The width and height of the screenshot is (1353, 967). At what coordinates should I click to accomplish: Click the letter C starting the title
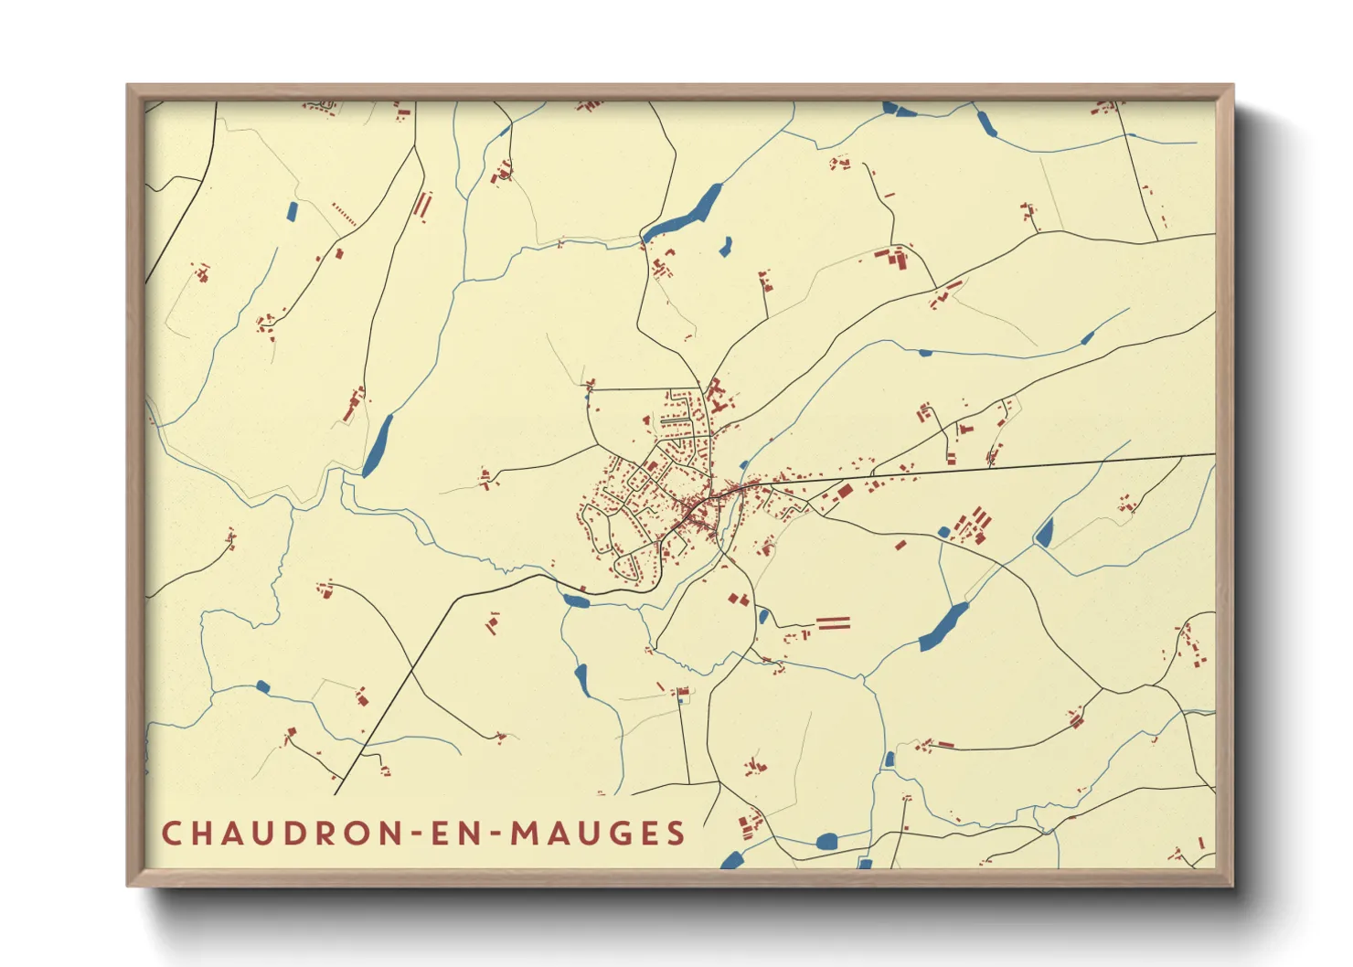click(171, 834)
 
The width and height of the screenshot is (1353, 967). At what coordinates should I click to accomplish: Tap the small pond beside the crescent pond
click(726, 246)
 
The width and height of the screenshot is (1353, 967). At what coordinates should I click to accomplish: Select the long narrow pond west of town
click(378, 445)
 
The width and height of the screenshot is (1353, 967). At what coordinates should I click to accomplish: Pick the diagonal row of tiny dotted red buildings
click(345, 215)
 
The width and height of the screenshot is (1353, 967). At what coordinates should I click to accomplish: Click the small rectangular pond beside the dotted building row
click(292, 211)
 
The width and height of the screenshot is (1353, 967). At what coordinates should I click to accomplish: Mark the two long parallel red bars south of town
click(833, 623)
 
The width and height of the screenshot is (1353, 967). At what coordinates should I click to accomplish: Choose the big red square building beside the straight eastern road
click(844, 491)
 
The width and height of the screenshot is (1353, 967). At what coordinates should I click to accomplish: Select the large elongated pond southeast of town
click(942, 627)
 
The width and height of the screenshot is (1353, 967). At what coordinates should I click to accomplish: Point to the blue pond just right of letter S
click(731, 860)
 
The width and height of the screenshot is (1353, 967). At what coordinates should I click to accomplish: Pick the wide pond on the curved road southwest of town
click(576, 600)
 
